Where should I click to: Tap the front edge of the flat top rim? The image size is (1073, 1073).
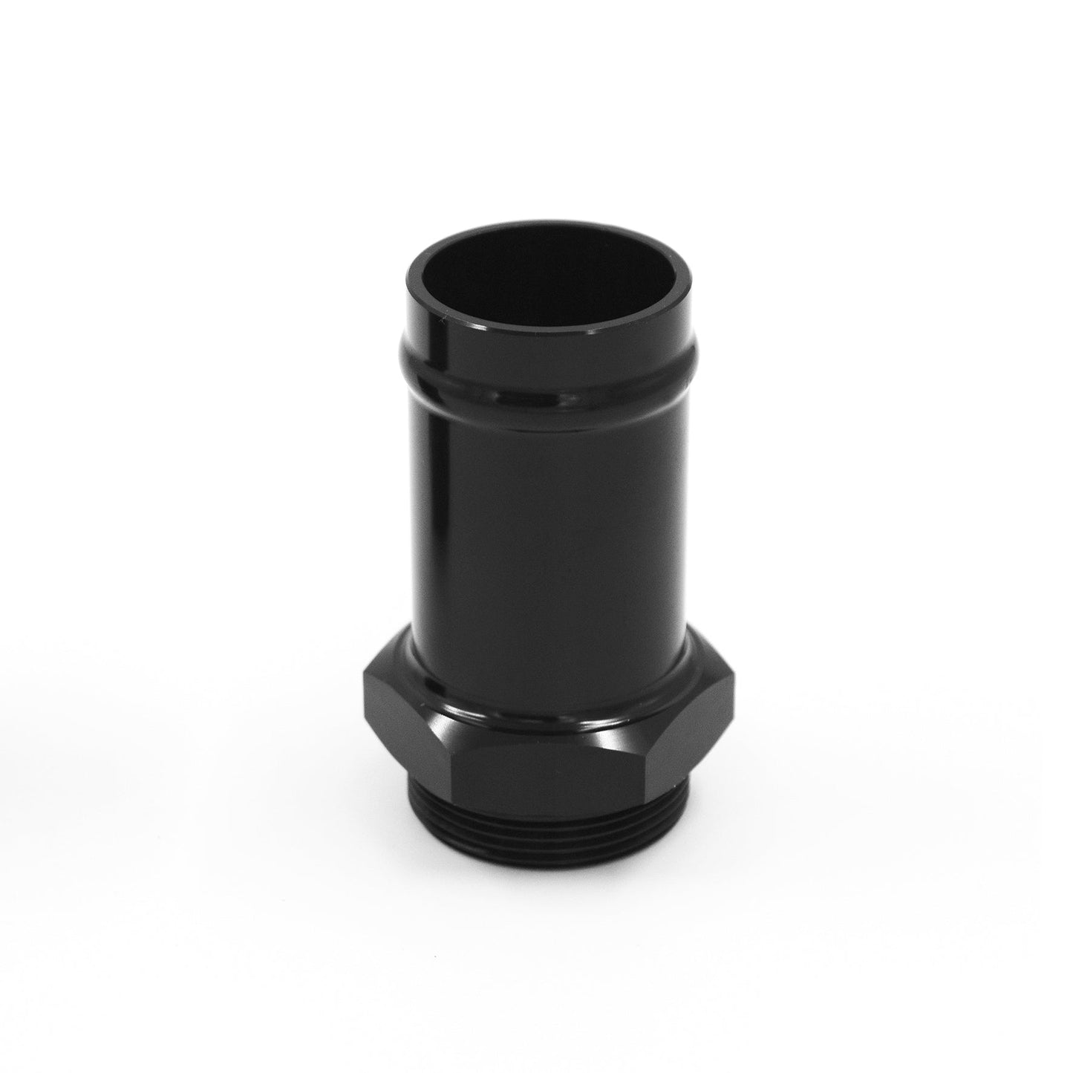click(549, 327)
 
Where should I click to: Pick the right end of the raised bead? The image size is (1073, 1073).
click(694, 364)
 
